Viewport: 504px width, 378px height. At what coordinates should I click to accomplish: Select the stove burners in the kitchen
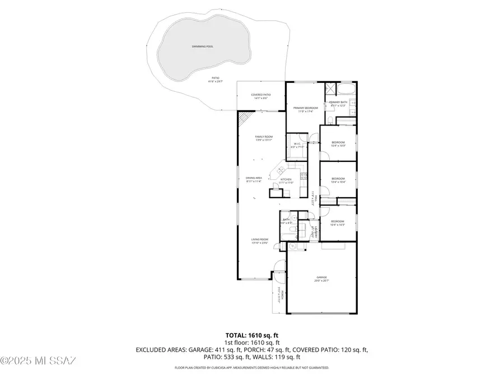click(304, 177)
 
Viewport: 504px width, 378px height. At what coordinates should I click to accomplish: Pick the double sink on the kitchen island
click(278, 169)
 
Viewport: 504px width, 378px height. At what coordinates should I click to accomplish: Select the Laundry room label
click(317, 231)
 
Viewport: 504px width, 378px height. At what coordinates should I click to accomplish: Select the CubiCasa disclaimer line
click(251, 368)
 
